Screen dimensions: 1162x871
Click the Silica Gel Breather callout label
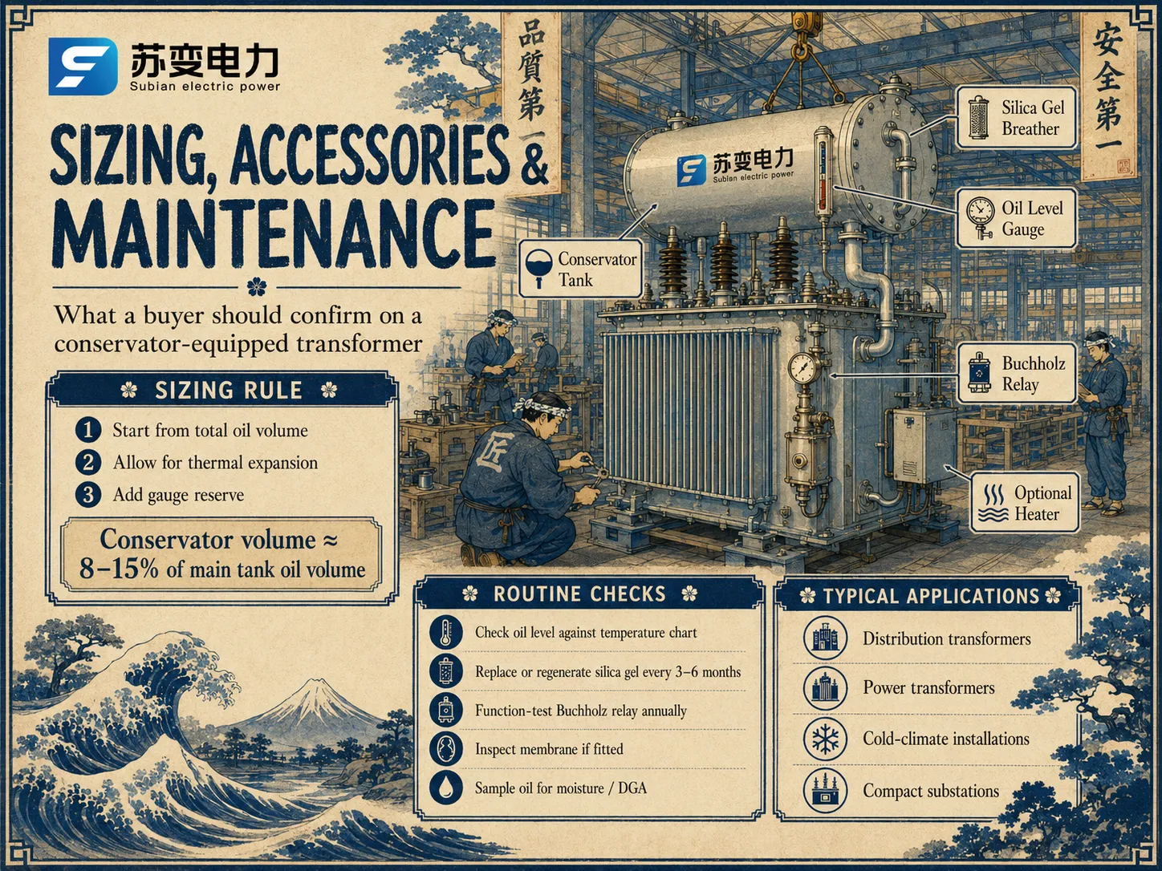pos(1017,118)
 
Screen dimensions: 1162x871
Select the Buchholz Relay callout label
pos(1017,374)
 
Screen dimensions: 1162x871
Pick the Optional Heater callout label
pos(1025,502)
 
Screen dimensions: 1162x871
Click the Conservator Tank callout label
pos(581,268)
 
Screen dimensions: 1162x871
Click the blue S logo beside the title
pos(83,67)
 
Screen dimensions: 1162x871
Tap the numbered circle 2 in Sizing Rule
pos(88,462)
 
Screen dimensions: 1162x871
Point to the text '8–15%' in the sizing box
pos(119,569)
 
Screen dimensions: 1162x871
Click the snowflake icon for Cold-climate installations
pos(825,738)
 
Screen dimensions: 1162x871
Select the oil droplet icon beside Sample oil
pos(445,788)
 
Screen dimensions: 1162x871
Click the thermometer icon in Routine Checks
pos(445,632)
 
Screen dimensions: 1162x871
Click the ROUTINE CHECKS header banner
pos(589,593)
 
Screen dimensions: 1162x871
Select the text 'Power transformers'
pos(928,687)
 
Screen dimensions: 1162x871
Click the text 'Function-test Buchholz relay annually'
pos(581,711)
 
